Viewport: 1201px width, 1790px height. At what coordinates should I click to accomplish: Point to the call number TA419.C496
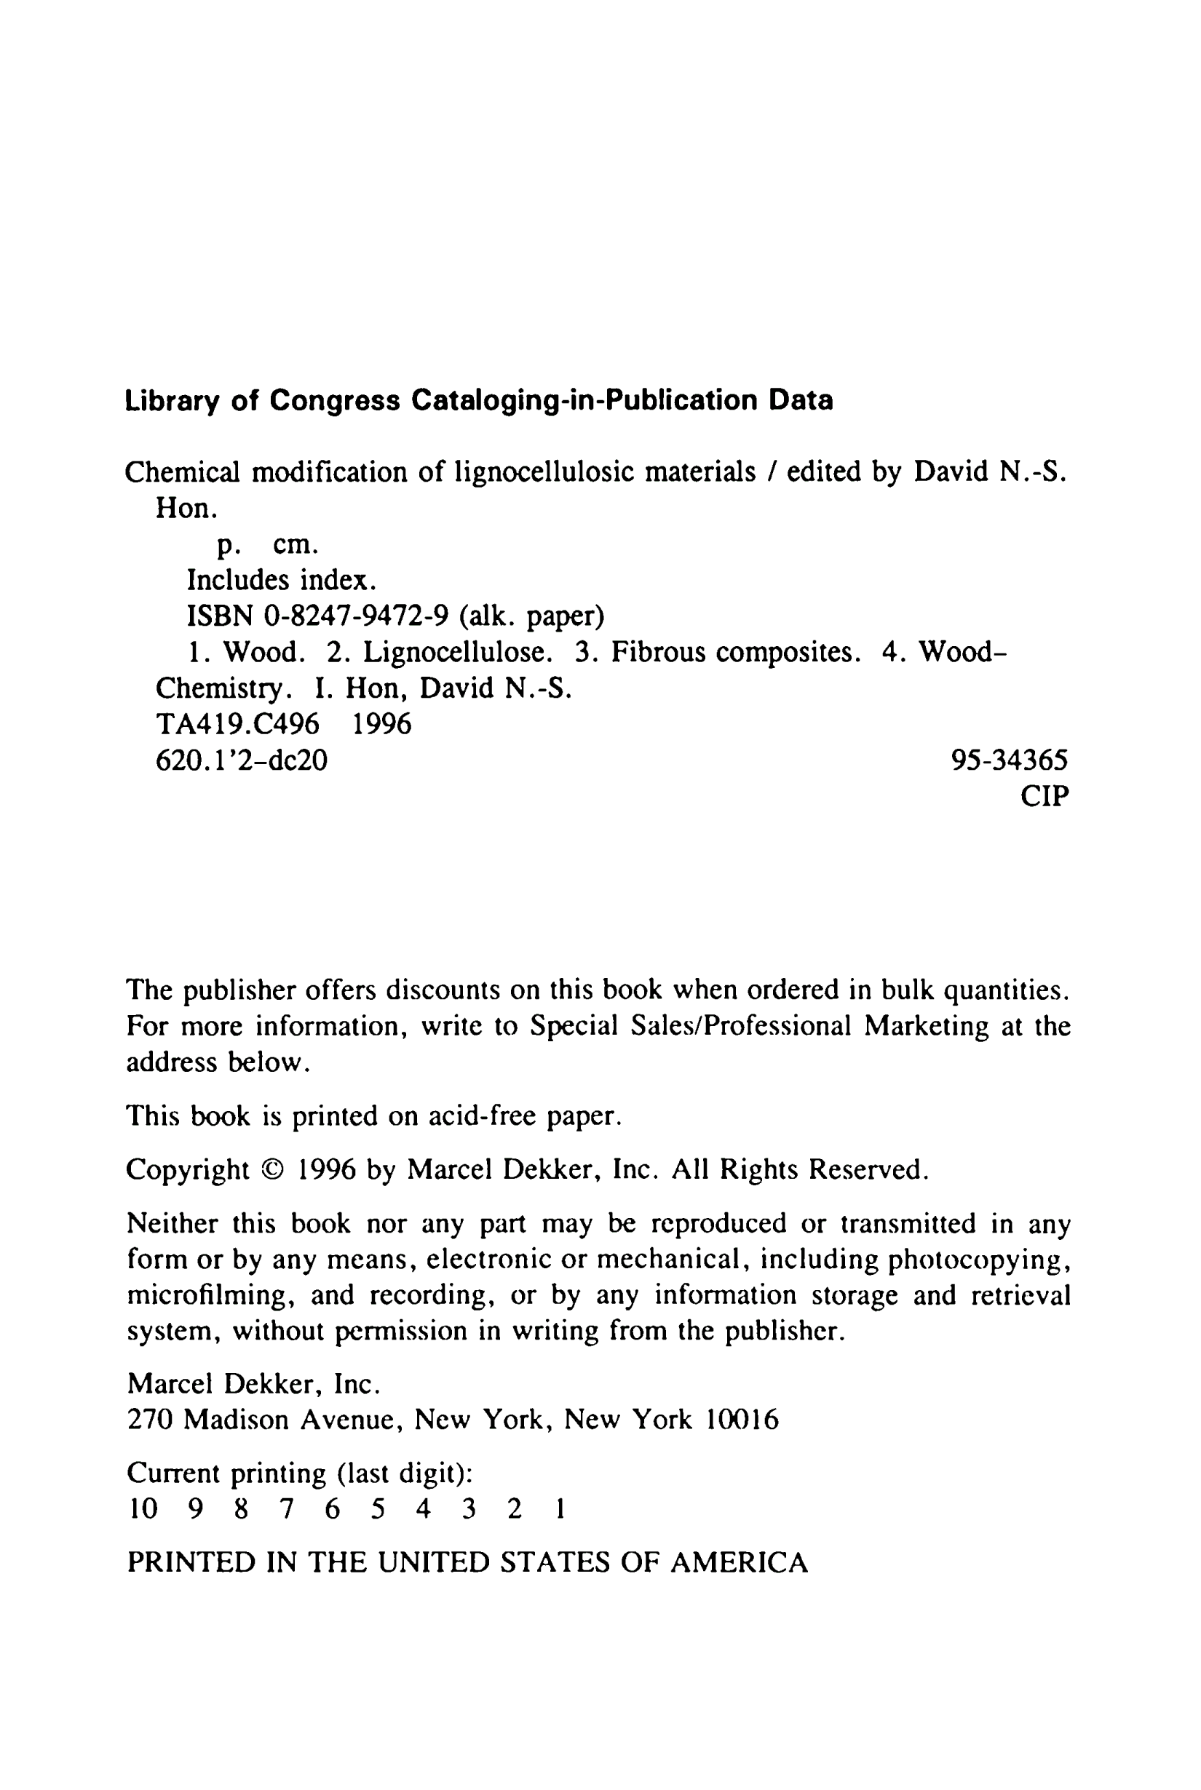[x=237, y=723]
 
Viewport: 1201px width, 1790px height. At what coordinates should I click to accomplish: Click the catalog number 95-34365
[x=1010, y=760]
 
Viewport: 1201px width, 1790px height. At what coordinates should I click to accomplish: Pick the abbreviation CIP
[x=1044, y=796]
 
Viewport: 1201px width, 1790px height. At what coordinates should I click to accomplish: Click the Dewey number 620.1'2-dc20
[x=241, y=760]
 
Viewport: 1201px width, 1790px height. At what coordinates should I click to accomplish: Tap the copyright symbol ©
[x=272, y=1170]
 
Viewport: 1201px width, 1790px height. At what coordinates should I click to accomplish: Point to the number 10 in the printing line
[x=143, y=1509]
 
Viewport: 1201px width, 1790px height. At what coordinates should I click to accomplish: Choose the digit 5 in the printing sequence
[x=378, y=1509]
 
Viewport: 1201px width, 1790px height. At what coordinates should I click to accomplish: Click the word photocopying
[x=979, y=1260]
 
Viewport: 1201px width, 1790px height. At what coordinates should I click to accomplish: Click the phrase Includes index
[x=282, y=581]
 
